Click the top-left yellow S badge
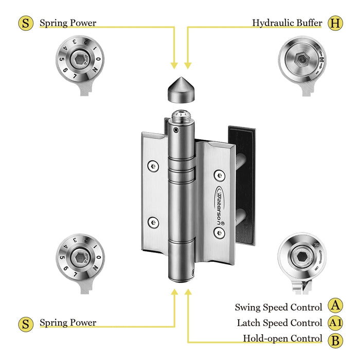(25, 23)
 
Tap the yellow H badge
(335, 23)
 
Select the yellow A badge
(335, 307)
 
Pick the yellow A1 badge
(335, 323)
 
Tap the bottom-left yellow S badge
(25, 323)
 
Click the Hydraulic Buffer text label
(287, 23)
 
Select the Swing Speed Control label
(278, 307)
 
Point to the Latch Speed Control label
(279, 323)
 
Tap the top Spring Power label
(68, 23)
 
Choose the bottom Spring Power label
(68, 323)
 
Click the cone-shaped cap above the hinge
(181, 91)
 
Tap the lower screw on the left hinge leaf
(153, 222)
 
